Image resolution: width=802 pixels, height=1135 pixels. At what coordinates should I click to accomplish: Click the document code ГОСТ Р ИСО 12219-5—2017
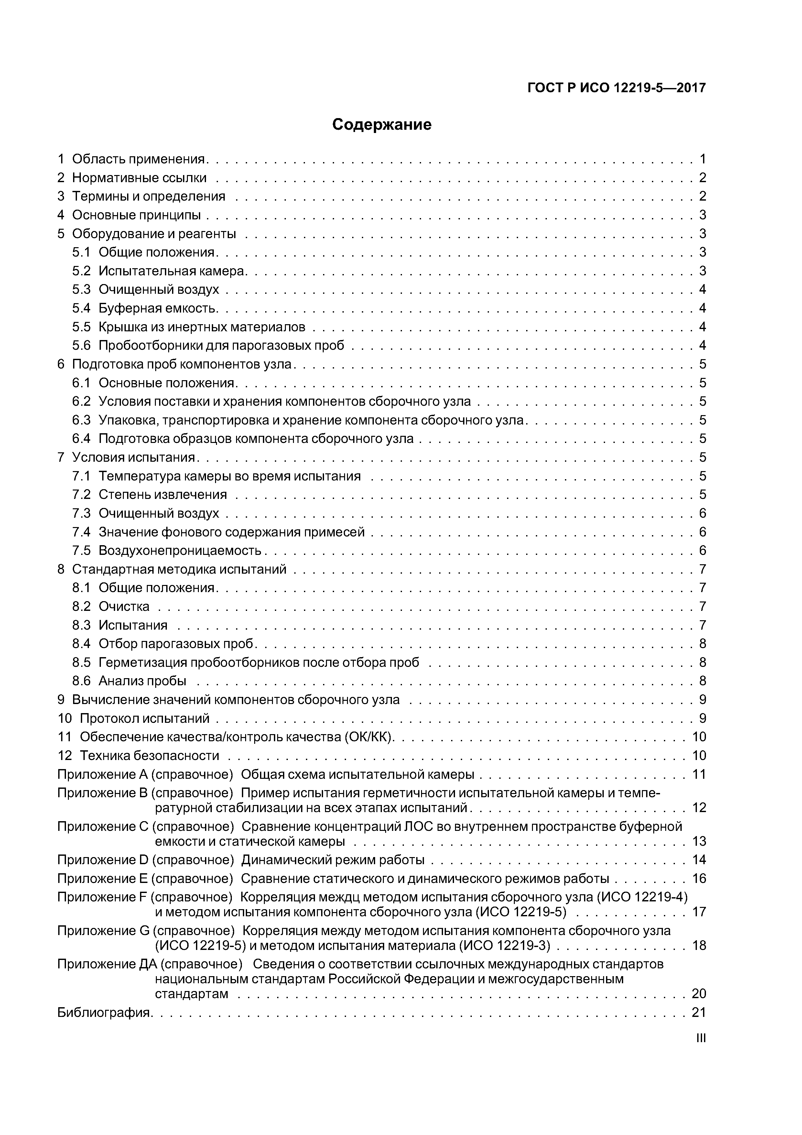[x=616, y=88]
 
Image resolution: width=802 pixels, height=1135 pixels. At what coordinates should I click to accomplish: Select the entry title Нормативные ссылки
[x=139, y=178]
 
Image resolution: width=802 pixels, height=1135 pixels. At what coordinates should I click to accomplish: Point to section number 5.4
[x=81, y=308]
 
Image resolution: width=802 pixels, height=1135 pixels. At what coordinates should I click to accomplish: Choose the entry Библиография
[x=104, y=1012]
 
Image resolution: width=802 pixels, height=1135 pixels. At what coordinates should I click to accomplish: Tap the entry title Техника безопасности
[x=149, y=756]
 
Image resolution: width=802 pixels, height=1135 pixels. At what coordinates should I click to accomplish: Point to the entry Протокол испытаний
[x=144, y=718]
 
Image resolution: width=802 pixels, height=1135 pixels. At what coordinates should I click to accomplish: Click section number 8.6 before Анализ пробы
[x=81, y=681]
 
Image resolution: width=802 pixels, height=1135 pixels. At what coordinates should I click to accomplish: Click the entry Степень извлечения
[x=163, y=495]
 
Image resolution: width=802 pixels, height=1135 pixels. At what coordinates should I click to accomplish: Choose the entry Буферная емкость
[x=157, y=308]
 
